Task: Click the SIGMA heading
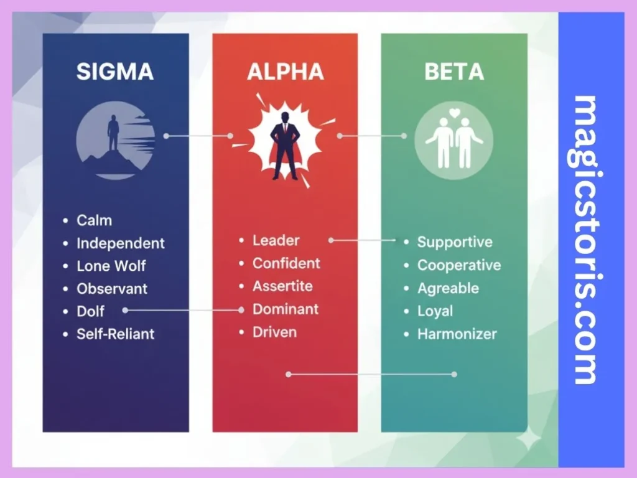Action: click(x=115, y=72)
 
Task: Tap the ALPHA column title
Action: click(x=286, y=72)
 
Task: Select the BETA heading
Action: click(x=454, y=72)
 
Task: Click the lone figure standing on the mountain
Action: click(x=113, y=132)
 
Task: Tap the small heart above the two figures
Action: click(x=455, y=113)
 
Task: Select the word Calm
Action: click(x=94, y=220)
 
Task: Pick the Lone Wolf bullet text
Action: click(x=111, y=266)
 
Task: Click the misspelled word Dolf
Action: click(x=90, y=311)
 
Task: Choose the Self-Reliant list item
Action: click(x=115, y=334)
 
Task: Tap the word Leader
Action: click(x=276, y=240)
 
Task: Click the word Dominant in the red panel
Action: click(x=285, y=309)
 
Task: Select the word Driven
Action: click(x=274, y=332)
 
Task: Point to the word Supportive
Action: click(x=454, y=242)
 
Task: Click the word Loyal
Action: click(x=435, y=311)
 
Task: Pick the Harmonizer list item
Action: click(x=457, y=334)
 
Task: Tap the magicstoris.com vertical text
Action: click(x=585, y=240)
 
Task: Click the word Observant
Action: click(x=112, y=289)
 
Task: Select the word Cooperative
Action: click(x=458, y=265)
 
